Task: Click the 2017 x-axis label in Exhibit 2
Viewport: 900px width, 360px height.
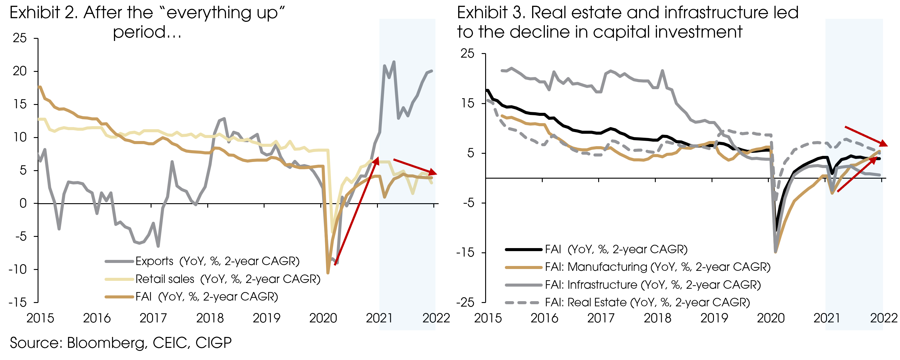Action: coord(153,318)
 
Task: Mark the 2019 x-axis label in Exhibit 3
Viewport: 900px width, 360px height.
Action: coord(714,318)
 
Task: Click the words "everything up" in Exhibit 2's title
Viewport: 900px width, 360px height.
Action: coord(222,13)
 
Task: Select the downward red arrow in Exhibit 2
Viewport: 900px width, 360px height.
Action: coord(415,167)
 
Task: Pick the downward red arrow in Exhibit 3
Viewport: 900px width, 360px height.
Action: coord(866,136)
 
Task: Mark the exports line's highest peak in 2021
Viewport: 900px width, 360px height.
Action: coord(394,62)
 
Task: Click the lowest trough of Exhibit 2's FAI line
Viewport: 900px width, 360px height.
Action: coord(328,273)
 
